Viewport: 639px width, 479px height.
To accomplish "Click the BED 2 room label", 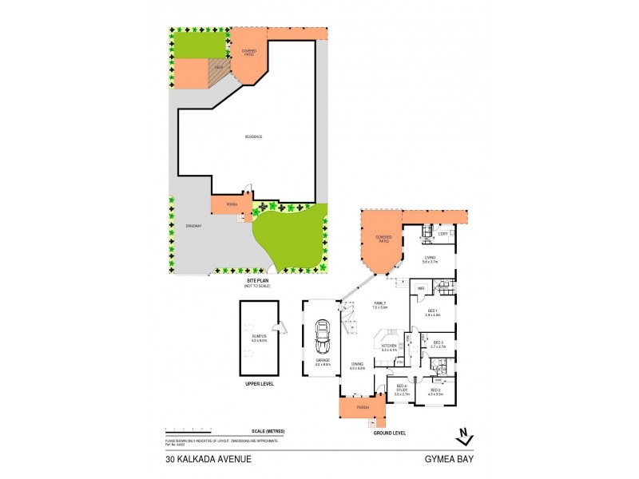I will click(x=434, y=391).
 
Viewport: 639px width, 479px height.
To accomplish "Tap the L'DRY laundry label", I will click(x=442, y=233).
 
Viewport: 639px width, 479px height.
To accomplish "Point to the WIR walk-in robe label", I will click(x=420, y=288).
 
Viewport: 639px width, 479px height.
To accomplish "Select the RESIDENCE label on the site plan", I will click(x=253, y=137).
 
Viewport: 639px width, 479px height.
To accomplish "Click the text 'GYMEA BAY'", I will click(x=450, y=459).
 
